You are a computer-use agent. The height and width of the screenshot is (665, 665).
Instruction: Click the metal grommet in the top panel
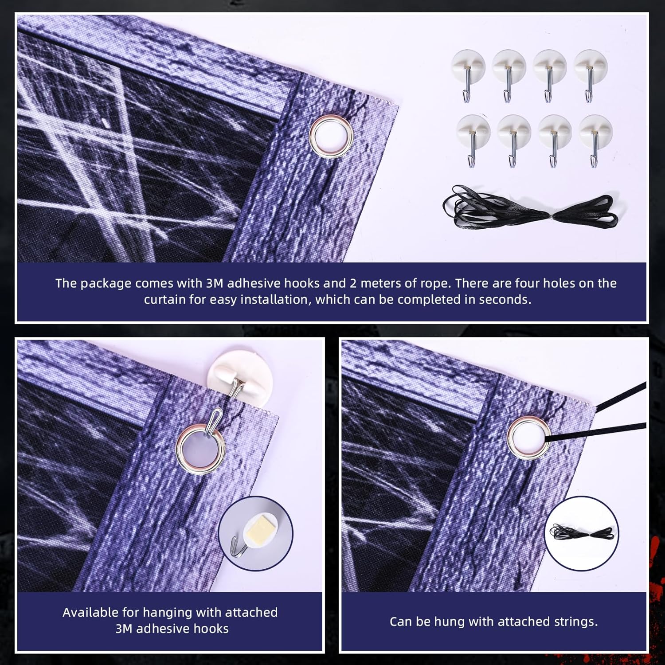pos(331,136)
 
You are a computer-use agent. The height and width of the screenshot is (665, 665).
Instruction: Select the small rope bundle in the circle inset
pos(581,532)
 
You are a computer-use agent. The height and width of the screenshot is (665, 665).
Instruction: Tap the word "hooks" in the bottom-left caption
pos(210,629)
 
